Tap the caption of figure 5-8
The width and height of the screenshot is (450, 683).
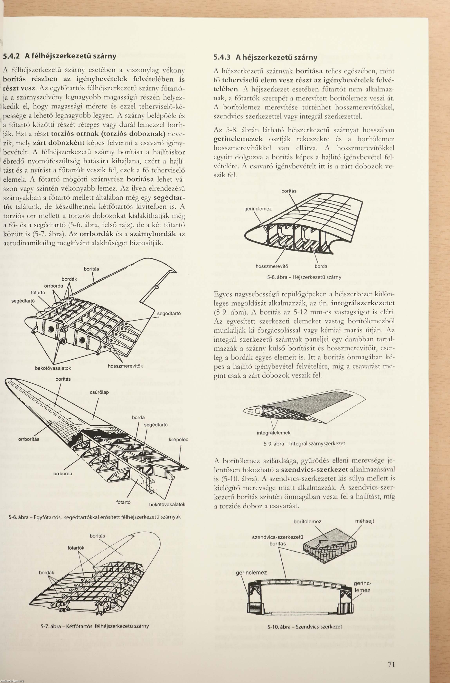(x=304, y=277)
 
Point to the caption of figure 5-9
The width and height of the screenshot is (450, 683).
(x=304, y=443)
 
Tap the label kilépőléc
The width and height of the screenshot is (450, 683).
(x=178, y=439)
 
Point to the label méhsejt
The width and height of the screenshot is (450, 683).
(x=364, y=521)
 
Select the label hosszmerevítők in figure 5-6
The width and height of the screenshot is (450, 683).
(x=125, y=366)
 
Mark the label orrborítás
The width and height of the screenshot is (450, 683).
(x=29, y=439)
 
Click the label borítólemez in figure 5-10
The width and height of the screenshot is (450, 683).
(x=307, y=521)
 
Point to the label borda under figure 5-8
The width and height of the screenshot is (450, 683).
(x=321, y=266)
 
